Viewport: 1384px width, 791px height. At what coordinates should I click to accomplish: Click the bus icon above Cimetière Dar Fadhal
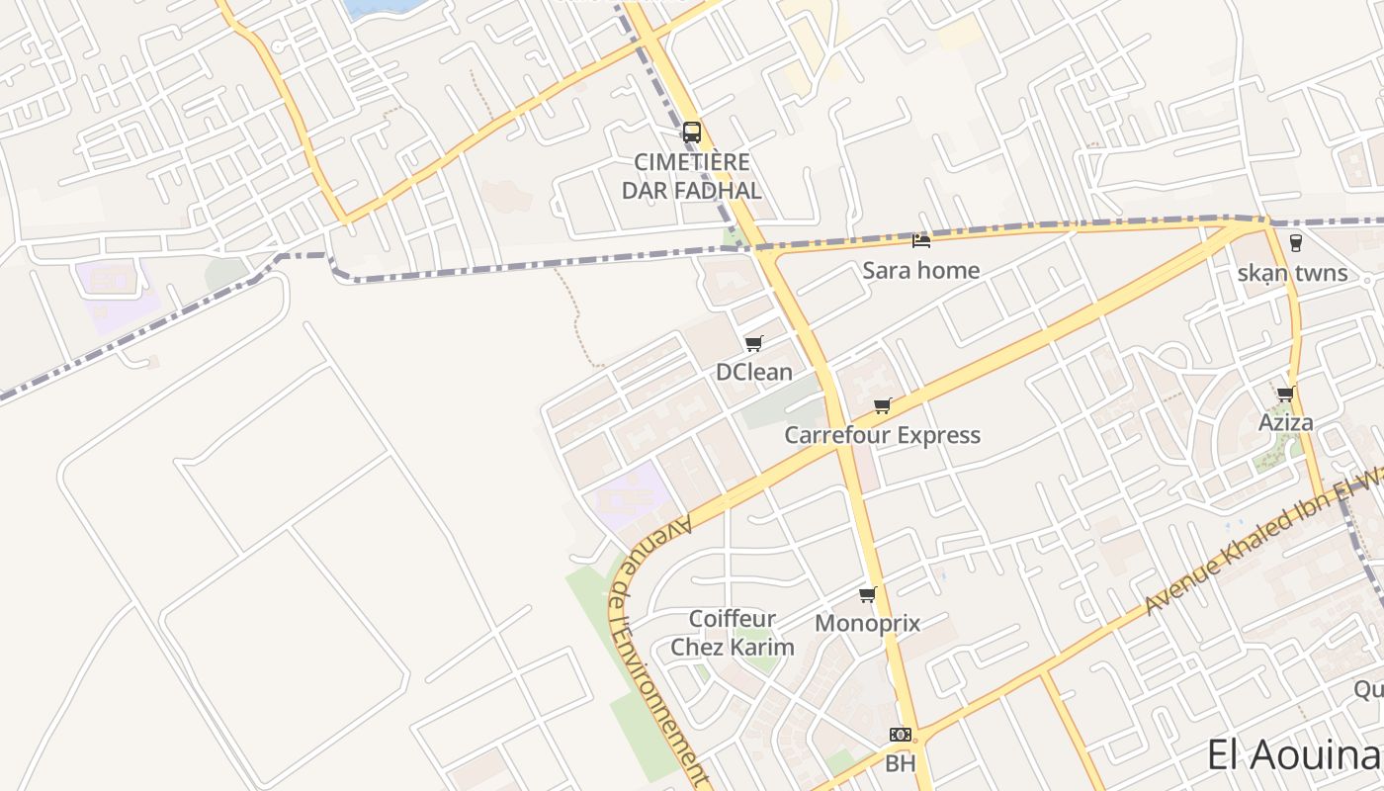click(x=692, y=132)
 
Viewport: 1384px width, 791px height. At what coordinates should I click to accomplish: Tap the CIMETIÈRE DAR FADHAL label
click(x=692, y=176)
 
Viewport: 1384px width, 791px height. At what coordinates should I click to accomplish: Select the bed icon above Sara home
click(x=921, y=240)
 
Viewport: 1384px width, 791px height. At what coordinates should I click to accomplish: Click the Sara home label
click(x=921, y=270)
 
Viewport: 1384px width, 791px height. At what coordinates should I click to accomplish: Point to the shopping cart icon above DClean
click(x=754, y=343)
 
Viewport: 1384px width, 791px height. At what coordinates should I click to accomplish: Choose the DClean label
click(x=754, y=372)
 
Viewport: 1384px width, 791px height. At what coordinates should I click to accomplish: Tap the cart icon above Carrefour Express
click(x=883, y=405)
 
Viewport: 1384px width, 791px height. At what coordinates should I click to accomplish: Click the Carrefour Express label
click(x=883, y=435)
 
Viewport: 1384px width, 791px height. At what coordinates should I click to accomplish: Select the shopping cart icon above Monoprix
click(x=868, y=594)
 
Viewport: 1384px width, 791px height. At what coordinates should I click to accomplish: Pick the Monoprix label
click(x=868, y=624)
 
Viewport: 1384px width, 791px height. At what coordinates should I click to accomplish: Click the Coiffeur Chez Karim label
click(x=733, y=633)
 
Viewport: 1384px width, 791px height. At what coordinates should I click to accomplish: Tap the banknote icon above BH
click(x=901, y=734)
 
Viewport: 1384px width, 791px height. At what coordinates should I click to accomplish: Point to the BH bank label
click(x=901, y=763)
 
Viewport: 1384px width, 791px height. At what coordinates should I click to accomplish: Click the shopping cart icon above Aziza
click(x=1286, y=394)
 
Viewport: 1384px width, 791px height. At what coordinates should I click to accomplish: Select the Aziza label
click(x=1286, y=423)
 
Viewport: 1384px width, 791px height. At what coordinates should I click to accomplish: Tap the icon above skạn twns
click(x=1295, y=242)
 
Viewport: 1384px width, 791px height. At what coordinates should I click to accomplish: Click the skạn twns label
click(x=1293, y=273)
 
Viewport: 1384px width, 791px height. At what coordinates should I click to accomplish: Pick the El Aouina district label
click(x=1293, y=755)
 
